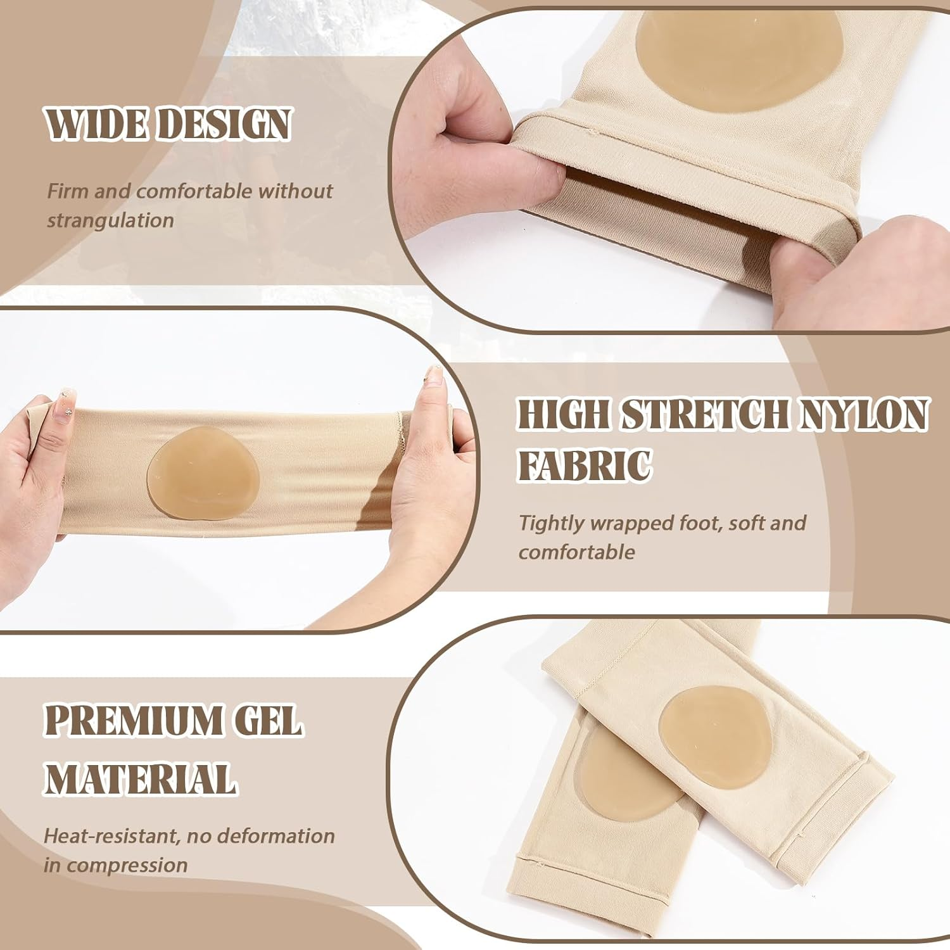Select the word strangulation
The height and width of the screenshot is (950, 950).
(111, 220)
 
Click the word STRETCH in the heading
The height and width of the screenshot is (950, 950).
(704, 415)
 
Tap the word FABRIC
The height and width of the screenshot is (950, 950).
(585, 465)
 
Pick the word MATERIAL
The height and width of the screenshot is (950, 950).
(141, 778)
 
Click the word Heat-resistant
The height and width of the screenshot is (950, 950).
(111, 836)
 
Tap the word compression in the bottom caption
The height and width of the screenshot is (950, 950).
(127, 866)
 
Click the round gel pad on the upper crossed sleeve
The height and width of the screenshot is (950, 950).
(714, 735)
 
